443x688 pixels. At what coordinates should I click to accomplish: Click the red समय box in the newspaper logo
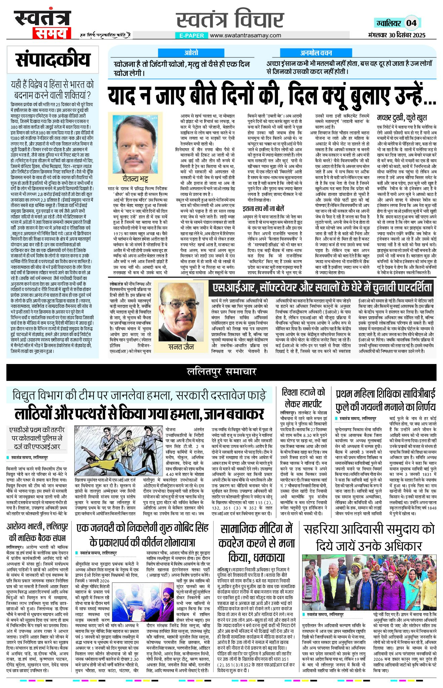(x=51, y=33)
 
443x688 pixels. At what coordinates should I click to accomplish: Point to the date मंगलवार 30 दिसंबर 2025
(x=397, y=35)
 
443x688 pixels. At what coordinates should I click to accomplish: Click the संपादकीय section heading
(x=53, y=60)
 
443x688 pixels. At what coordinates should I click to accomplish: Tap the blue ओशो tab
(x=191, y=53)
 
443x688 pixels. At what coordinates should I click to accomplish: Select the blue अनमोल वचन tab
(x=316, y=53)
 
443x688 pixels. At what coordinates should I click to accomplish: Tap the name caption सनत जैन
(x=181, y=347)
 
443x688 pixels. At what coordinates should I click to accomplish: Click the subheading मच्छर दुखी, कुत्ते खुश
(x=402, y=117)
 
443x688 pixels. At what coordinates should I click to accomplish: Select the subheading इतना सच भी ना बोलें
(x=264, y=209)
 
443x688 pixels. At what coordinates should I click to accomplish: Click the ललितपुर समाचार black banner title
(x=221, y=371)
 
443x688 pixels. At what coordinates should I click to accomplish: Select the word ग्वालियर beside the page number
(x=389, y=23)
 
